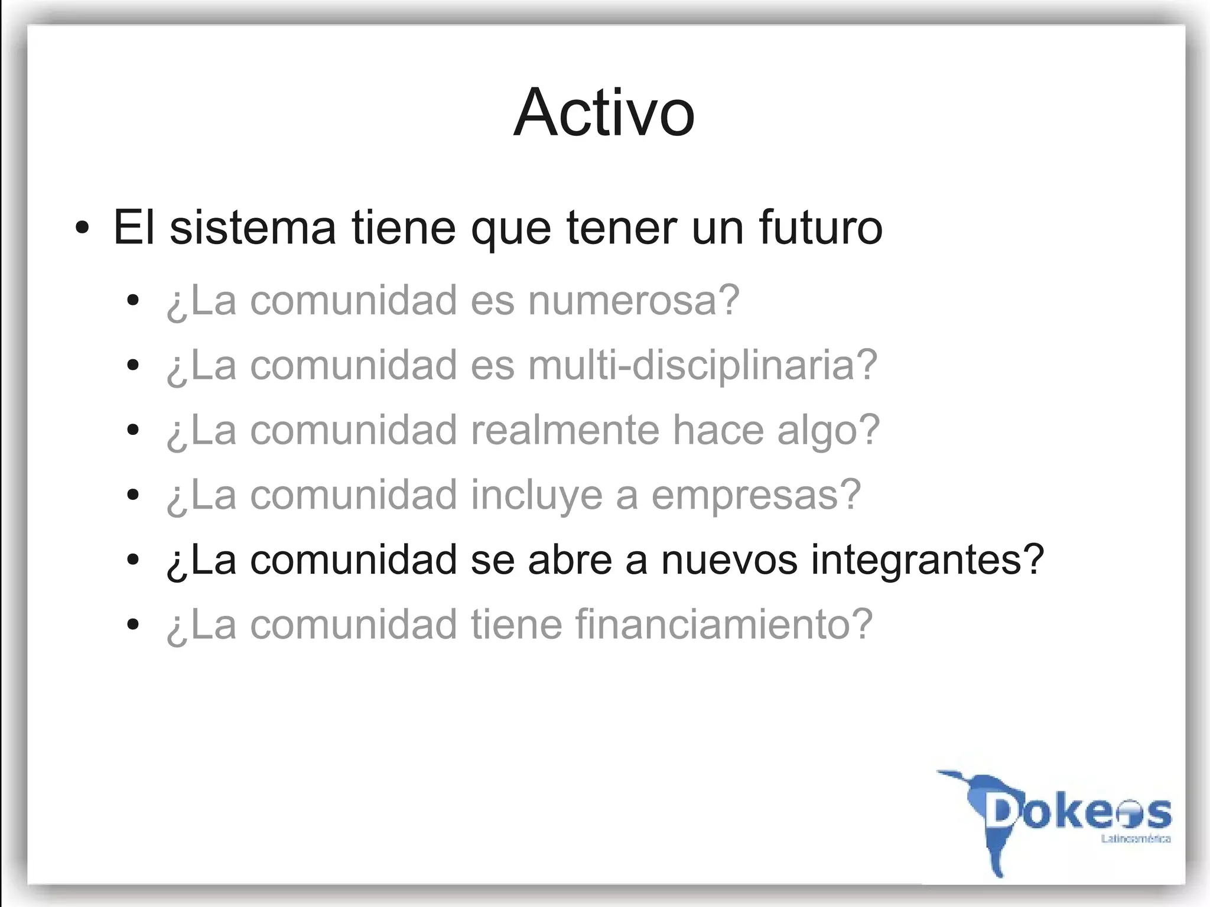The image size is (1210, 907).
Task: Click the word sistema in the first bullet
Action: (253, 227)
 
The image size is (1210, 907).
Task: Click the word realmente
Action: (564, 430)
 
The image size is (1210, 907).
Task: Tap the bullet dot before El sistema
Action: (83, 228)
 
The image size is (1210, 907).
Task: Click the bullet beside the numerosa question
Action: (133, 301)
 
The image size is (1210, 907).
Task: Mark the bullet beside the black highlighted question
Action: (133, 560)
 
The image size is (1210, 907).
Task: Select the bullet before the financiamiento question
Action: (133, 625)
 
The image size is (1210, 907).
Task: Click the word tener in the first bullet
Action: (622, 227)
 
